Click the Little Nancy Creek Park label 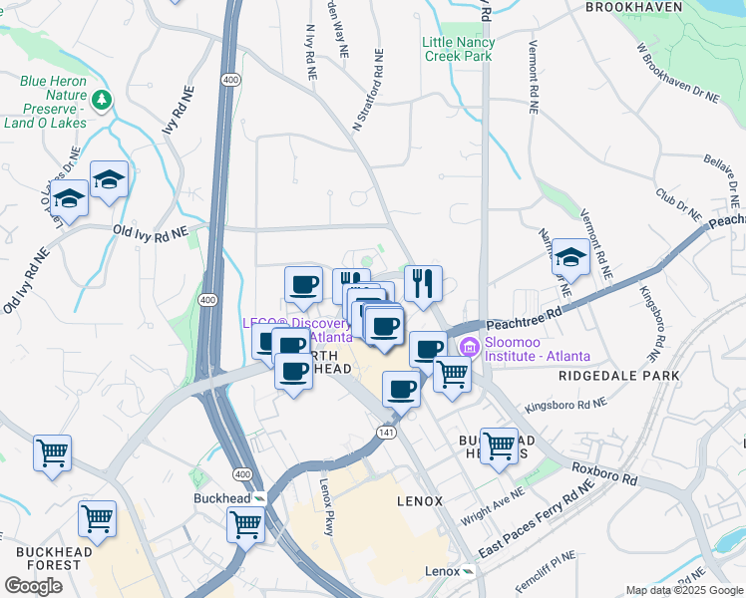pos(458,50)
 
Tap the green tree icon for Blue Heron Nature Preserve pos(102,100)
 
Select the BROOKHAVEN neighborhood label pos(647,7)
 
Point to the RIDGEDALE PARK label pos(619,376)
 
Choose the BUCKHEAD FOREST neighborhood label pos(48,558)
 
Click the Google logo pos(33,586)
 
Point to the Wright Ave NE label pos(491,507)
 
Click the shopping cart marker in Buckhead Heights pos(499,445)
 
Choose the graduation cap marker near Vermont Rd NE pos(570,257)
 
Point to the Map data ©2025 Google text pos(682,590)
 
